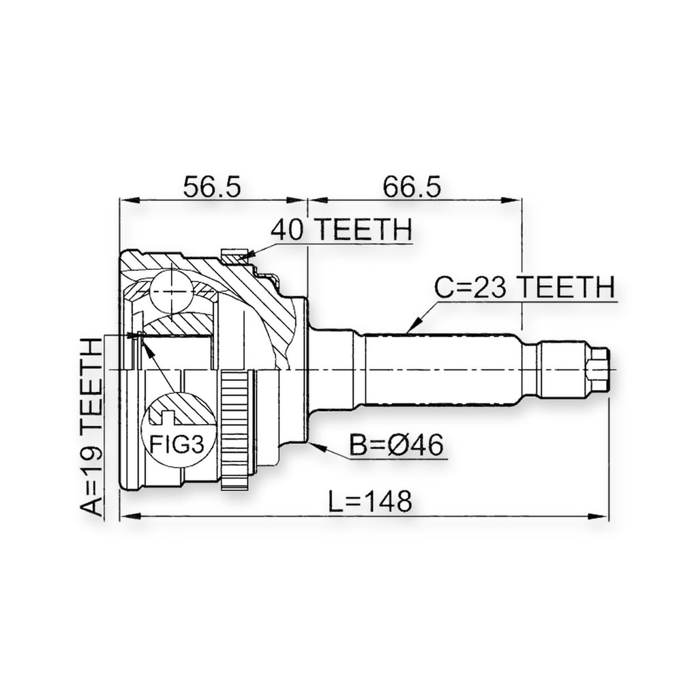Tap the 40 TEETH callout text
click(x=342, y=229)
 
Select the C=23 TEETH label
click(x=524, y=286)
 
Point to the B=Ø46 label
click(x=397, y=444)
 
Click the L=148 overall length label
click(x=369, y=501)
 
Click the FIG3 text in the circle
click(x=177, y=444)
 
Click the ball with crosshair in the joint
click(x=172, y=292)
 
